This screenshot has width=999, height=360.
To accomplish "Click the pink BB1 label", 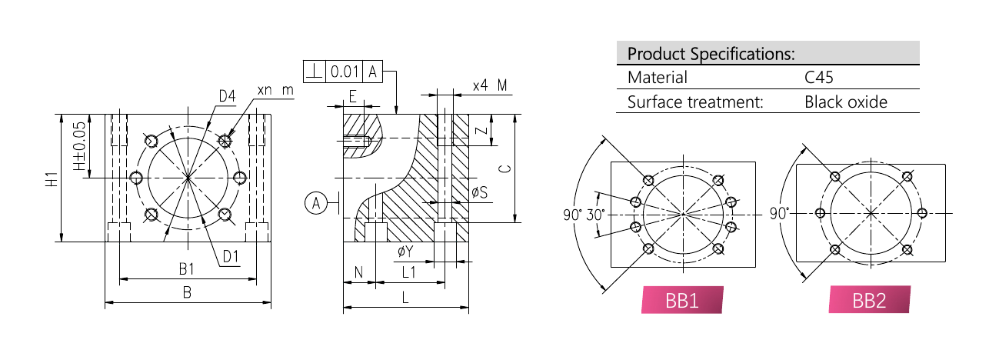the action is click(682, 300).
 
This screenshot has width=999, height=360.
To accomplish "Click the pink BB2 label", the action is click(869, 300).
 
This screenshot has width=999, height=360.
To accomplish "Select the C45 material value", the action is click(819, 78).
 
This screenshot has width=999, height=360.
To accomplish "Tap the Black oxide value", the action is click(846, 102).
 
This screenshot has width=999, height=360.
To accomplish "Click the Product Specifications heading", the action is click(711, 54).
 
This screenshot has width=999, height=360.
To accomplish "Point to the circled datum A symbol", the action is click(316, 203).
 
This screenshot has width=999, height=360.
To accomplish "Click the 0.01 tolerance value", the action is click(345, 72).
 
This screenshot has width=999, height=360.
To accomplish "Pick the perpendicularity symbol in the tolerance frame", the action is click(315, 72).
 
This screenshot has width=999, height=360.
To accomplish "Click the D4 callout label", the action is click(227, 96).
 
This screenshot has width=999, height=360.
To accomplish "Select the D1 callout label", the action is click(231, 257).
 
